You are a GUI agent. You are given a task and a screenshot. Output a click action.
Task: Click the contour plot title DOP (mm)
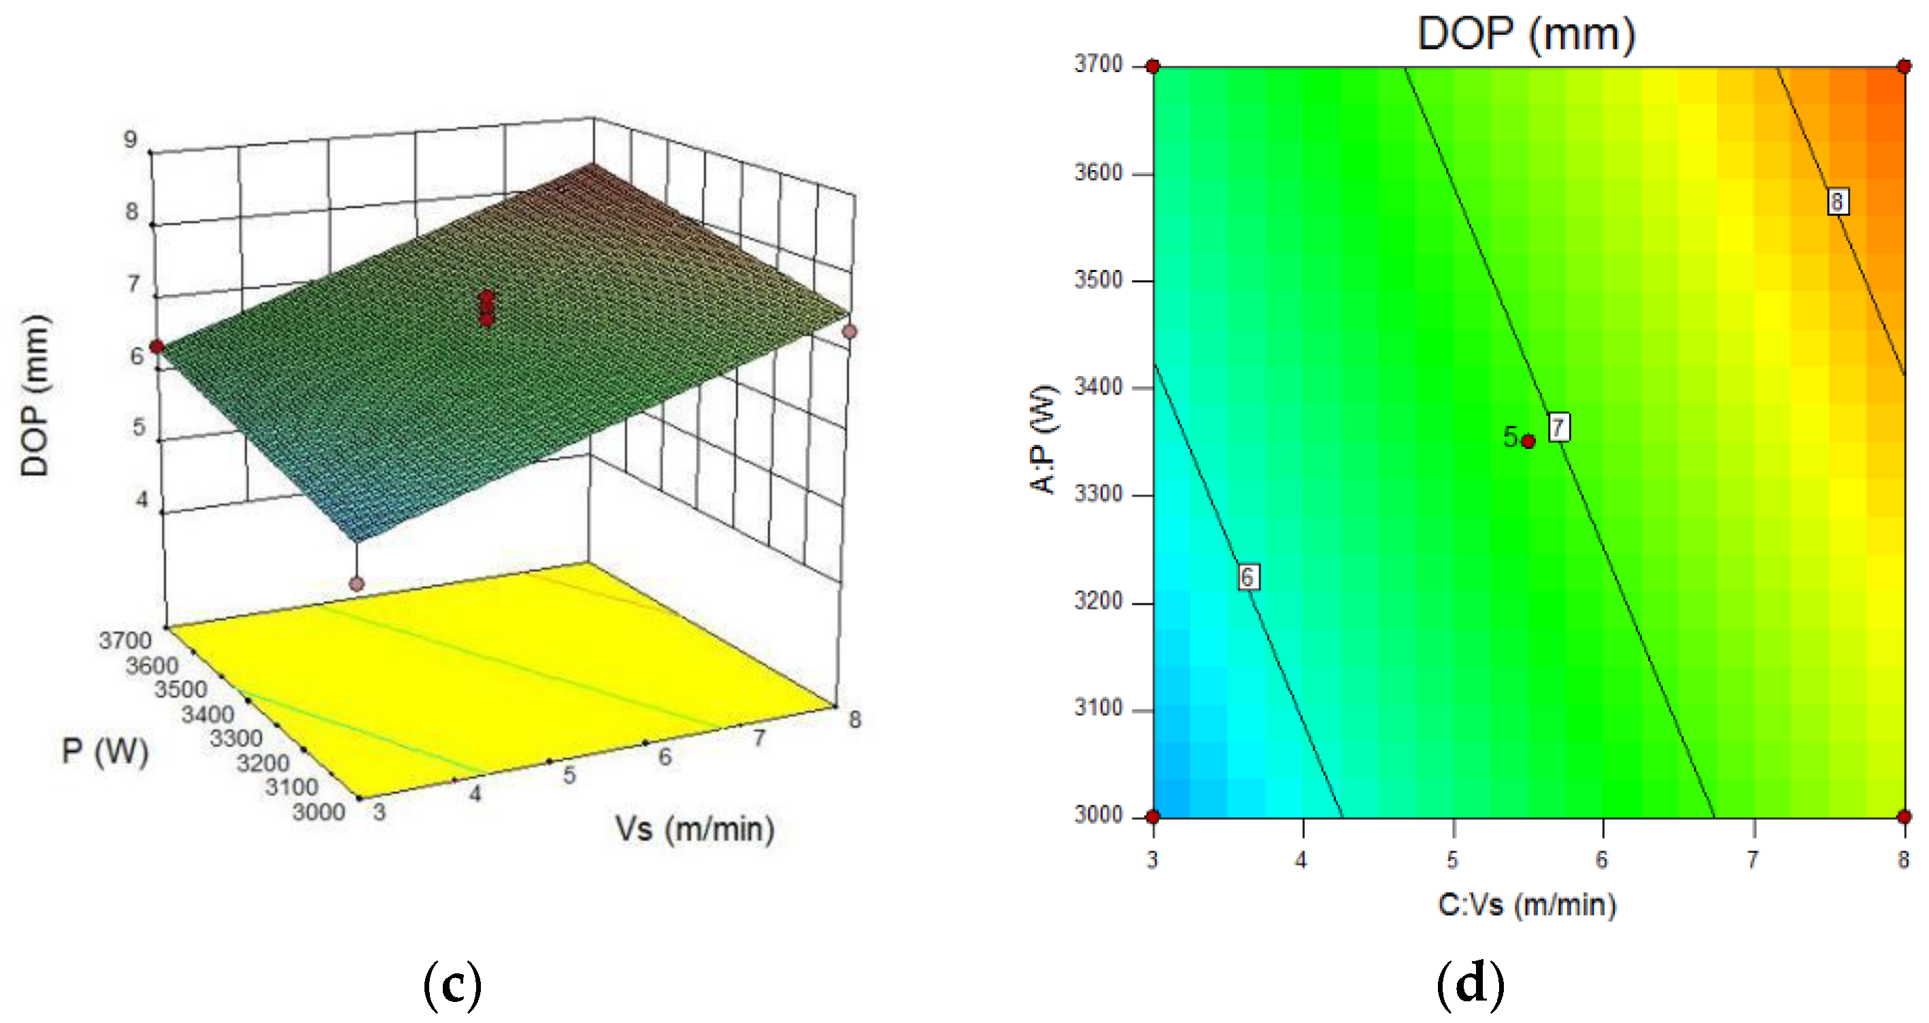pos(1526,34)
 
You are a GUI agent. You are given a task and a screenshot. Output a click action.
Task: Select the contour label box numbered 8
pos(1837,201)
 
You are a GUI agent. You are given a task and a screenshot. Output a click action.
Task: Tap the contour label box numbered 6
pos(1247,577)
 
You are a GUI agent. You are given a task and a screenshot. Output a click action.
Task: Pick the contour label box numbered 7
pos(1558,427)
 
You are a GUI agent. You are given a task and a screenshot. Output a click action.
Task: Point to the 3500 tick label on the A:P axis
pos(1098,280)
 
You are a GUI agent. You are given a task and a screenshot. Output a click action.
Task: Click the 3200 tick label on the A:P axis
pos(1098,601)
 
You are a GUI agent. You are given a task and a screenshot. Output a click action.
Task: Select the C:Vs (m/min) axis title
pos(1527,905)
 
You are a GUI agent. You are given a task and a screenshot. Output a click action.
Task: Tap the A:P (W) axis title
pos(1043,439)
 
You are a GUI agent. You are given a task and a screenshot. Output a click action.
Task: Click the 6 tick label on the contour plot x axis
pos(1603,860)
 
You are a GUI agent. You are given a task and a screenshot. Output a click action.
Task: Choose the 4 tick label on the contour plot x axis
pos(1301,860)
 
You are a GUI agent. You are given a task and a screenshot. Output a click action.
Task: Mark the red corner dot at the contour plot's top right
pos(1905,67)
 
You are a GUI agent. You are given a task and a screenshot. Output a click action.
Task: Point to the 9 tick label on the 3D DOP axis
pos(131,139)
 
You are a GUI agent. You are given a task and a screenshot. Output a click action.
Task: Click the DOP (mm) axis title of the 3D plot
pos(35,395)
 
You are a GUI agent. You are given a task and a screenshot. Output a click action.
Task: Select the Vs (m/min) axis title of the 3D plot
pos(694,830)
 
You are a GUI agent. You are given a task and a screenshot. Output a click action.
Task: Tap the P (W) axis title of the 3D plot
pos(105,751)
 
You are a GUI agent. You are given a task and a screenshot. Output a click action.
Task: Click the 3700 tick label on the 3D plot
pos(125,640)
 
